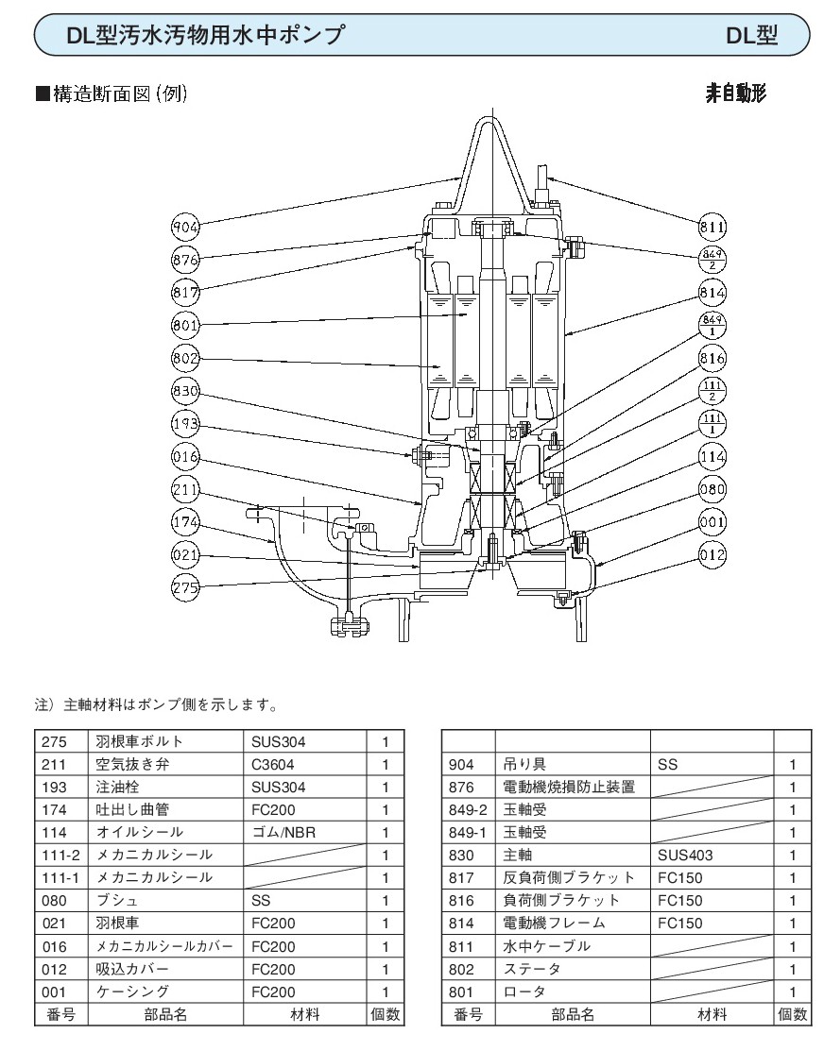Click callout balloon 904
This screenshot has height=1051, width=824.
[x=187, y=228]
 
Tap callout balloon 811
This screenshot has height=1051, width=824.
[x=712, y=228]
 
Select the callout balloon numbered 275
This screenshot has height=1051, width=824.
[x=187, y=587]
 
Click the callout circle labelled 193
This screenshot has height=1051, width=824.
[x=187, y=423]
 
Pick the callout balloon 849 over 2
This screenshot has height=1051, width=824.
[x=712, y=259]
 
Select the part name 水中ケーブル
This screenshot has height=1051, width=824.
[x=546, y=946]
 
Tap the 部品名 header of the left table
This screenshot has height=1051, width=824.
[x=165, y=1015]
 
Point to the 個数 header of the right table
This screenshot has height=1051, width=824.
[x=792, y=1015]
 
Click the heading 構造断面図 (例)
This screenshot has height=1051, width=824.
[x=117, y=94]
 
